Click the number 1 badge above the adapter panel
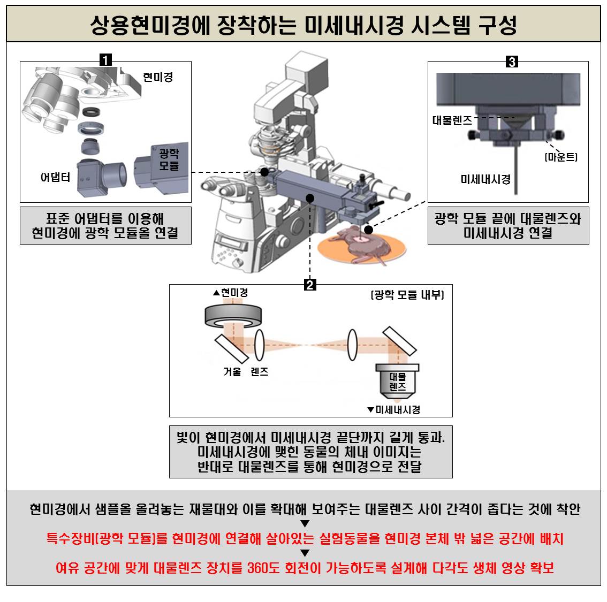pos(105,60)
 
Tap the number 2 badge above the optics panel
pos(310,285)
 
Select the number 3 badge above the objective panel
pos(512,62)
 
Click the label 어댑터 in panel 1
pos(55,177)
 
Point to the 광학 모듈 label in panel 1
pos(169,159)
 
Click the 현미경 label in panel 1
pos(158,77)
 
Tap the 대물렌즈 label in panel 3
pos(452,120)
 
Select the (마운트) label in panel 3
pos(561,157)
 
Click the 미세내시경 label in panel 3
pos(485,179)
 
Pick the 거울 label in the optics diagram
pos(232,372)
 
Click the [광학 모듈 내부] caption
pos(407,295)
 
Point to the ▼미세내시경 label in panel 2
pos(394,410)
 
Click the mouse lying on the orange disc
pos(361,246)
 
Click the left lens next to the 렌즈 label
pos(260,345)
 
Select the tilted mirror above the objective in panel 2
pos(399,341)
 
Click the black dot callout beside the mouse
pos(368,230)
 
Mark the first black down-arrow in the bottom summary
pos(305,523)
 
